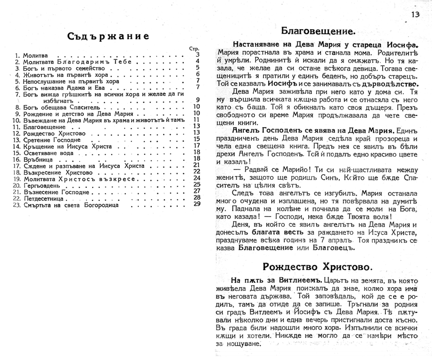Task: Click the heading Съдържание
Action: [108, 36]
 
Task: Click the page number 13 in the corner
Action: [415, 15]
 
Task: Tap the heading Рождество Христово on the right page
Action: [318, 267]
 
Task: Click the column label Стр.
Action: [194, 49]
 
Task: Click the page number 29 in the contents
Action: [197, 204]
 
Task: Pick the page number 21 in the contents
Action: [197, 165]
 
